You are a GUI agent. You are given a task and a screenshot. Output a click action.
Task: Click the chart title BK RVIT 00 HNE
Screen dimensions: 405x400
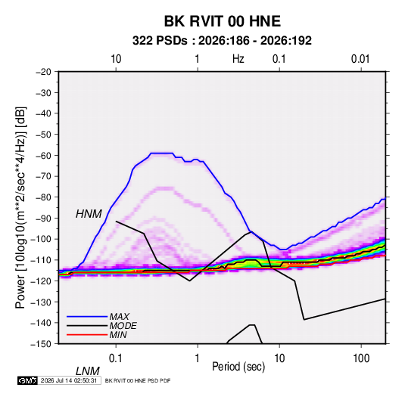(x=223, y=21)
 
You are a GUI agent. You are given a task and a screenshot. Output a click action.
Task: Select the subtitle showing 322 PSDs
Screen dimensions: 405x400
(x=222, y=41)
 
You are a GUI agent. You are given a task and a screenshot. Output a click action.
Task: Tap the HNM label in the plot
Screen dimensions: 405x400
(x=89, y=214)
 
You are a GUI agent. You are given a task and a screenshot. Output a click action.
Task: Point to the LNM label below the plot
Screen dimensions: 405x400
(x=88, y=371)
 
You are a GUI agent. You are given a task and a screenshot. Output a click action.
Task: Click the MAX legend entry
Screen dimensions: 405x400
(x=119, y=316)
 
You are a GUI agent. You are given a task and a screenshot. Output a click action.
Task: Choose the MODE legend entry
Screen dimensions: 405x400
(x=123, y=326)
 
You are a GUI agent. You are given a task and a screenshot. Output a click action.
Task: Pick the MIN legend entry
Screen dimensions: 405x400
(x=118, y=335)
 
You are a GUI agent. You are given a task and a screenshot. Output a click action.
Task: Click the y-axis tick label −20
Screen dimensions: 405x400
(x=43, y=72)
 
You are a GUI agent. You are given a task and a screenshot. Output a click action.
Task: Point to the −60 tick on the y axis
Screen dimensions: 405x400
(x=43, y=155)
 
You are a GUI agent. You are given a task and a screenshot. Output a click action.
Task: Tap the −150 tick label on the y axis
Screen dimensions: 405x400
(x=41, y=344)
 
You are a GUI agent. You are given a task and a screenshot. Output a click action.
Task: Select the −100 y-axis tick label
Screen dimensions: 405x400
(x=41, y=239)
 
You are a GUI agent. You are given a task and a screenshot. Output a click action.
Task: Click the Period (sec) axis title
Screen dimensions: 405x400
(x=238, y=367)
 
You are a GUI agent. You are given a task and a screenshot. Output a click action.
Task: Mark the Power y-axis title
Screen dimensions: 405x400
(x=20, y=208)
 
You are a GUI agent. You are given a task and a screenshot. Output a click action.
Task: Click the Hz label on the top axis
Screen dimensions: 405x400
(x=238, y=59)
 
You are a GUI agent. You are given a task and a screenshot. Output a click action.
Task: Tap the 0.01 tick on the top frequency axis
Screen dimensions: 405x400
(x=360, y=59)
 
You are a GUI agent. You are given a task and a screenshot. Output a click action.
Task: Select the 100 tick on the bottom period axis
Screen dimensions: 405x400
(x=361, y=358)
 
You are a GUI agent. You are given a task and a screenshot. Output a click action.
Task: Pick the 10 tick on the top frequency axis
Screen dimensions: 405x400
(x=116, y=59)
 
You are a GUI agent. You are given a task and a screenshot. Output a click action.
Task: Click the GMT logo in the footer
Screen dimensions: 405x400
(x=27, y=380)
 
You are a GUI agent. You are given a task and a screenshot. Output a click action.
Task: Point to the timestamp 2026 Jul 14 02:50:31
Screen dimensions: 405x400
(x=69, y=380)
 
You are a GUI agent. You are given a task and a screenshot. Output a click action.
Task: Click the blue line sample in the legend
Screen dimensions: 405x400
(x=87, y=317)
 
